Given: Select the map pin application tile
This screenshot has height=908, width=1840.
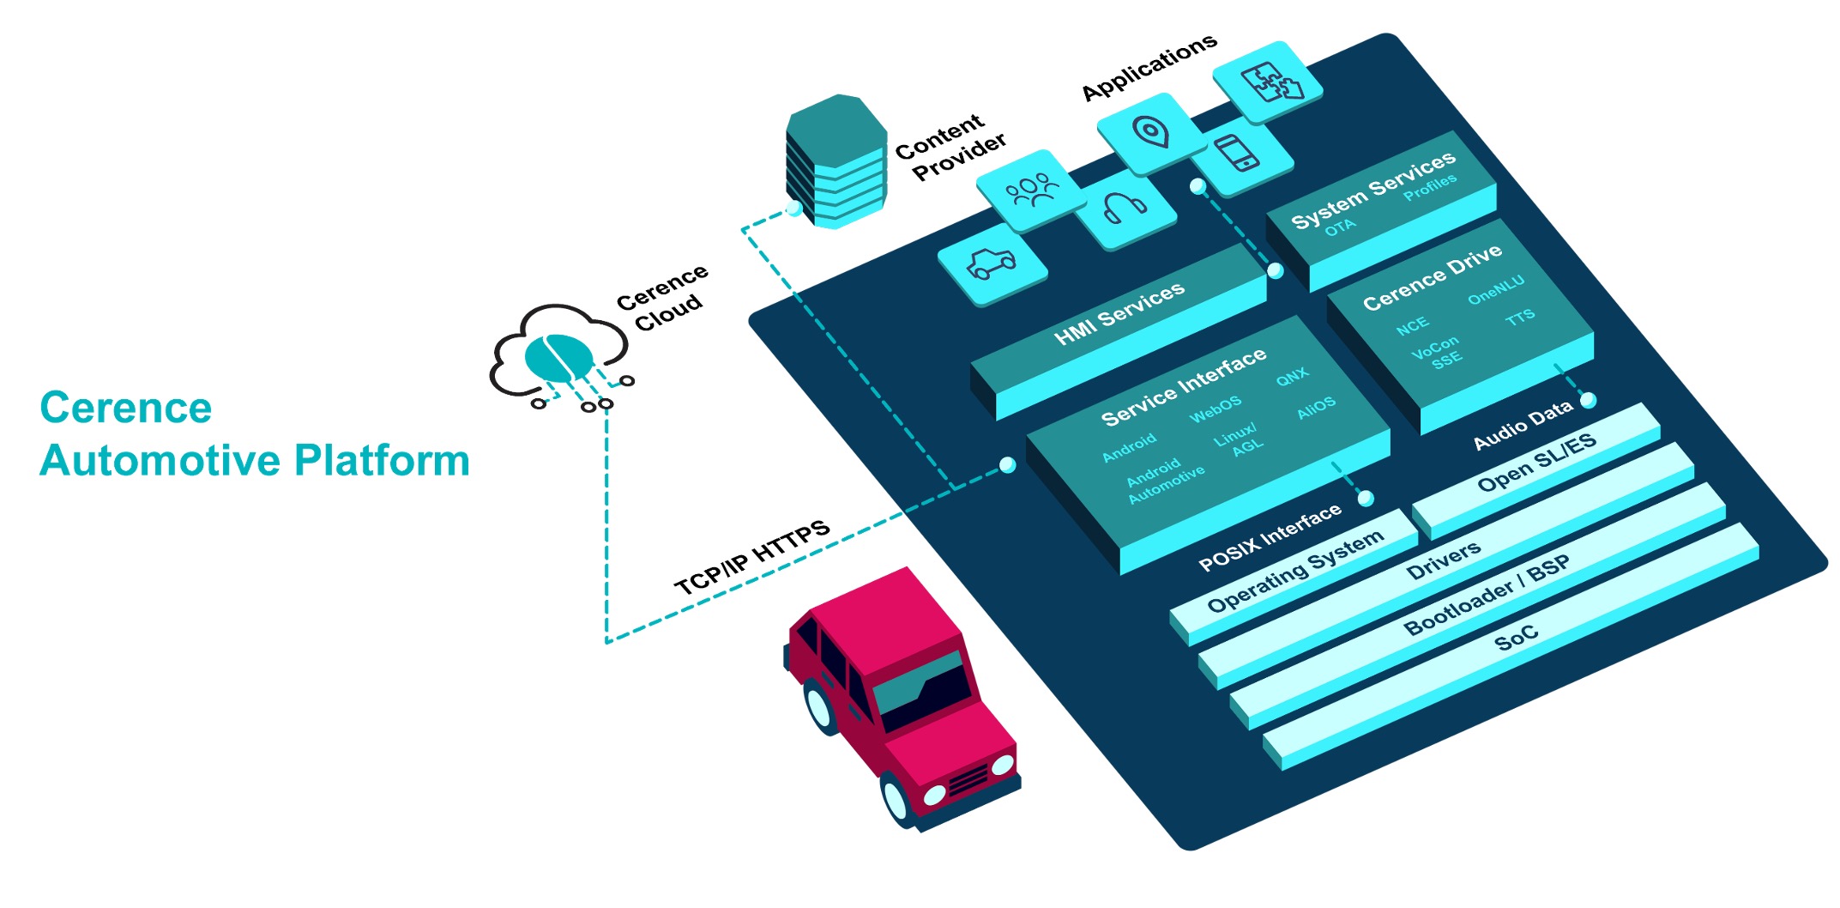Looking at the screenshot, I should point(1150,132).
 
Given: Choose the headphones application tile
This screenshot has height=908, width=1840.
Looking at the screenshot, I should point(1124,209).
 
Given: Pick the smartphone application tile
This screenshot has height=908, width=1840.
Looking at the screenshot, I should point(1237,154).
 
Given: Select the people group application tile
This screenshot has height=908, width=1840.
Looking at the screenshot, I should point(1032,190).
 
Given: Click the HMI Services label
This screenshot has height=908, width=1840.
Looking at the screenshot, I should point(1119,314).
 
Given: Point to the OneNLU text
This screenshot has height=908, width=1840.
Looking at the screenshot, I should point(1495,290).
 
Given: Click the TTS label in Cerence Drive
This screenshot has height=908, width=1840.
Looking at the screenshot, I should point(1520,318).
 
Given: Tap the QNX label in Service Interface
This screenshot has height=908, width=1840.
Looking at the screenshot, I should point(1292,376).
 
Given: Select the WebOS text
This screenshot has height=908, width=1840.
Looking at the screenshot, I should point(1215,409).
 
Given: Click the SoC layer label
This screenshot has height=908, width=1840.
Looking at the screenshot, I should point(1516,638).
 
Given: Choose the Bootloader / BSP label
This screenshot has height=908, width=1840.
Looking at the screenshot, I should point(1486,595).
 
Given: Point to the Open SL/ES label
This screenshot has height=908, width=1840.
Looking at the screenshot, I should point(1535,462).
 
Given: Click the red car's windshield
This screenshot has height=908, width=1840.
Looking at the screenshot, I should point(922,691).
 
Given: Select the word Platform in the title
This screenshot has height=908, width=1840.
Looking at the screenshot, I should point(382,461).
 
